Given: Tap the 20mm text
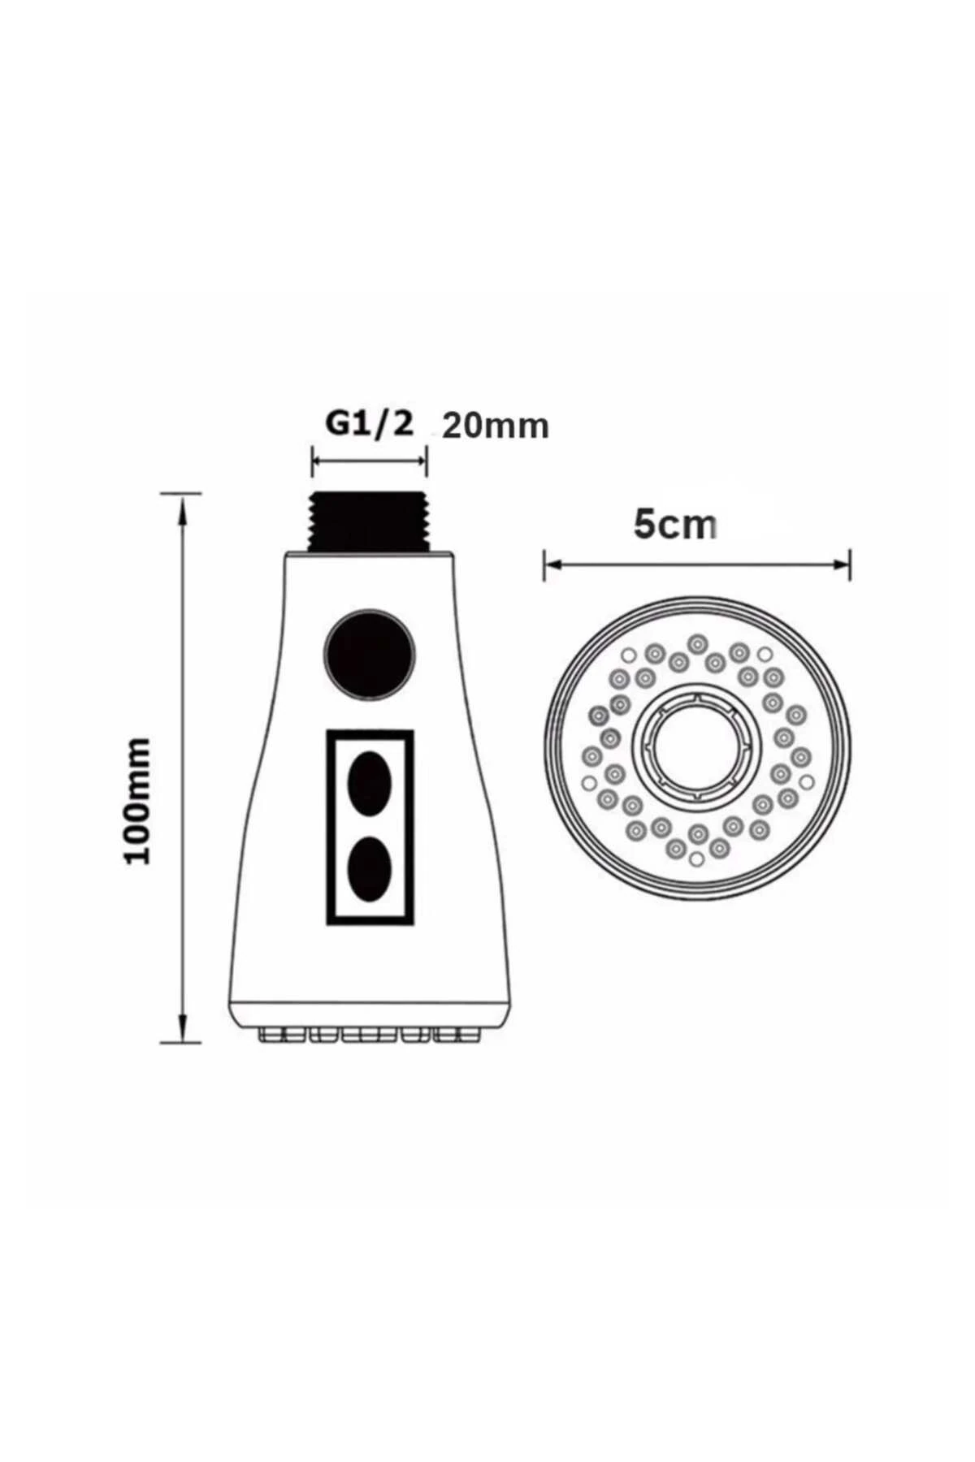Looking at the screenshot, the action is [496, 426].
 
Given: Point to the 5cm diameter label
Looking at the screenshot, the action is [676, 526].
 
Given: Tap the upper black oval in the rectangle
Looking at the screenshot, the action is [370, 783].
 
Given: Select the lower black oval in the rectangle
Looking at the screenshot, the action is [370, 867].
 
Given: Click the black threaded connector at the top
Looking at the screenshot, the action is [370, 521].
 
